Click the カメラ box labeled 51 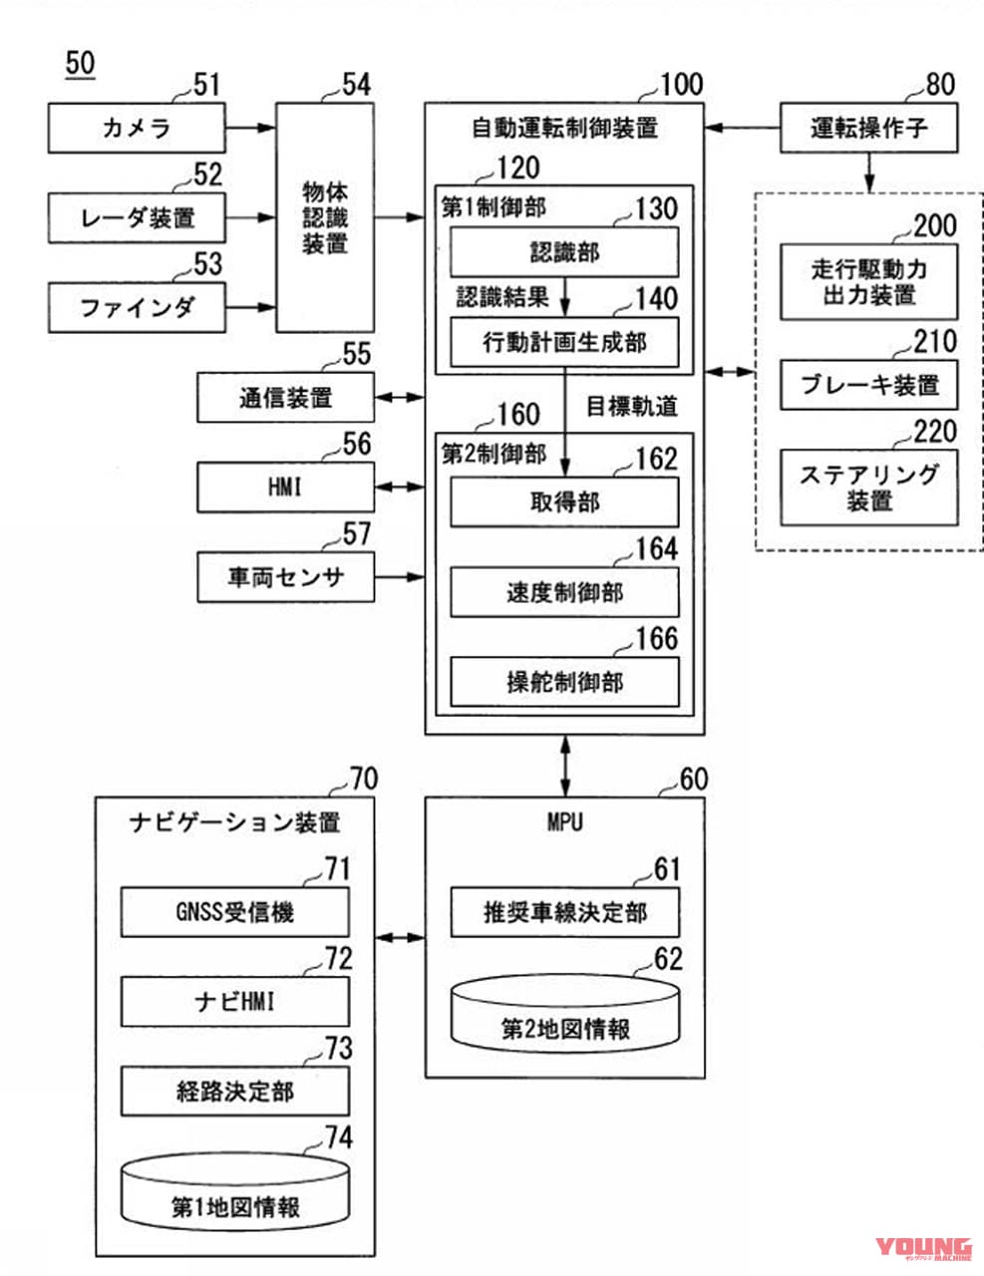tap(137, 129)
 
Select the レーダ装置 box tap(137, 217)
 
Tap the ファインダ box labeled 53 tap(137, 307)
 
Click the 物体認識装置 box tap(325, 217)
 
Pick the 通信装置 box tap(285, 398)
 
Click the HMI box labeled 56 tap(285, 487)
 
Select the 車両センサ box tap(285, 577)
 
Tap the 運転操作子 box tap(868, 129)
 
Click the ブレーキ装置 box tap(868, 385)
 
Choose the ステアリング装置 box tap(868, 487)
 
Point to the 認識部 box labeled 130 tap(564, 252)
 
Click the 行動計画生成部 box tap(564, 343)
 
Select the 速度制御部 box tap(564, 593)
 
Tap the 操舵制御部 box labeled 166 tap(564, 683)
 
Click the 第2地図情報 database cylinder tap(564, 1015)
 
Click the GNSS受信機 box tap(235, 912)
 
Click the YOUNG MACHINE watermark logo tap(923, 1249)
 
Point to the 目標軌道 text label tap(632, 407)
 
